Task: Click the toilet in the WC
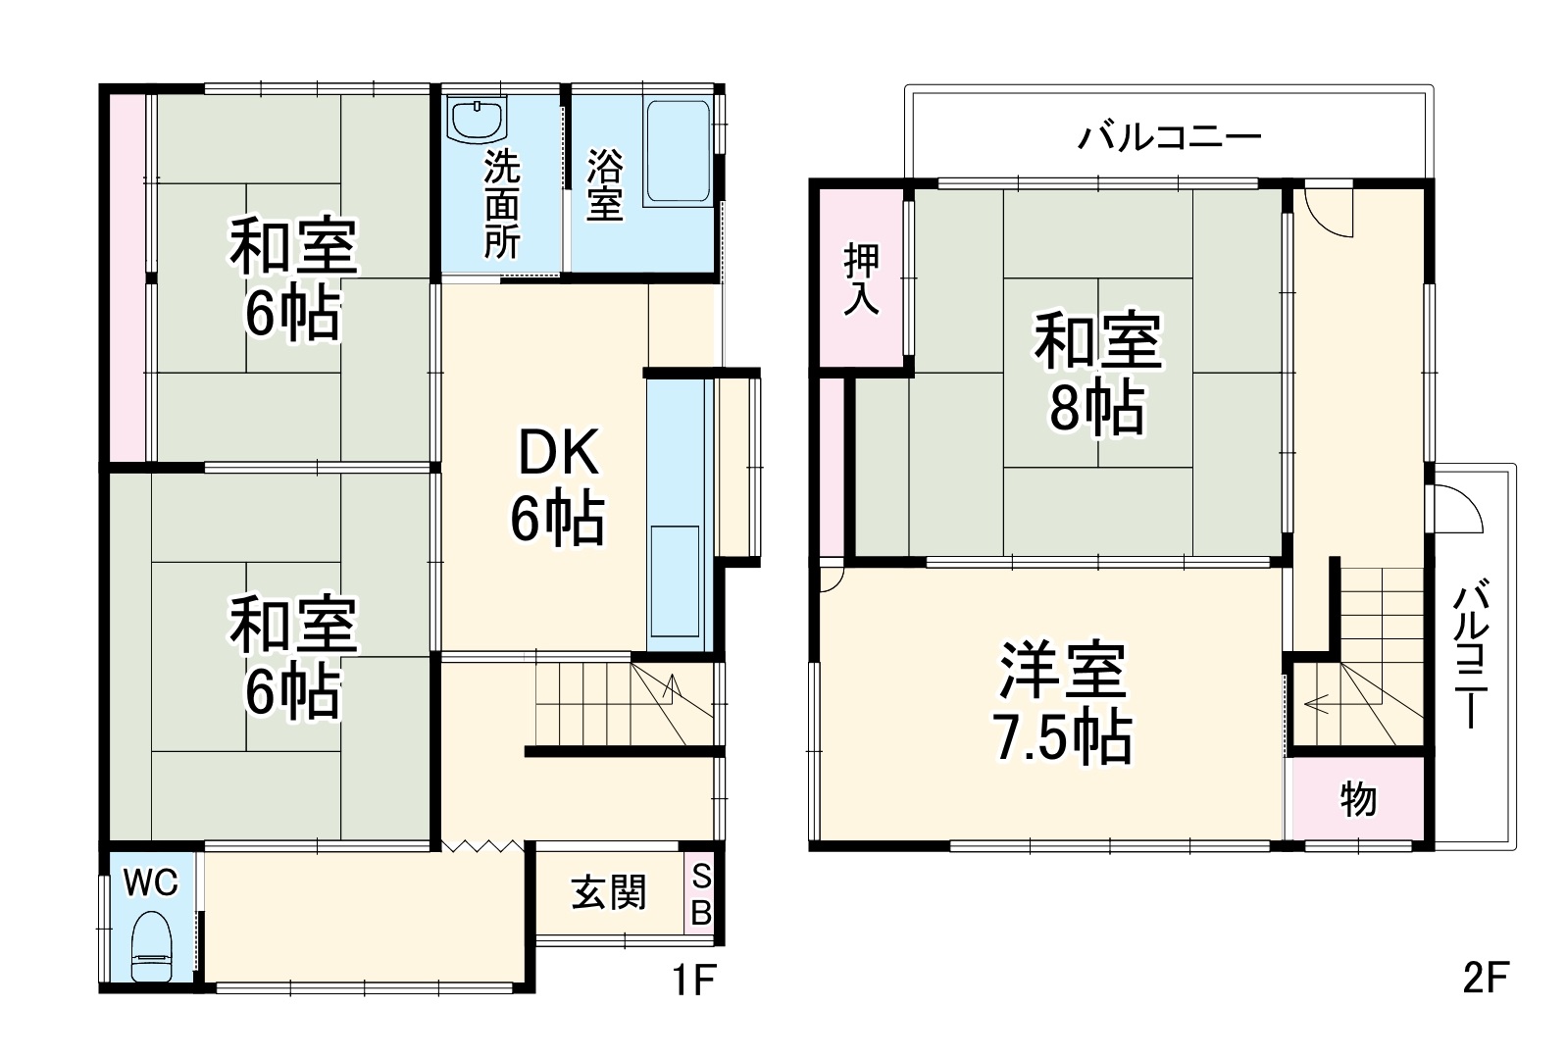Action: tap(152, 945)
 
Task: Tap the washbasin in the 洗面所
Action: tap(478, 121)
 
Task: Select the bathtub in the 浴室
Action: tap(677, 152)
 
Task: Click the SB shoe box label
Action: tap(701, 893)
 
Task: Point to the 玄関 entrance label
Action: tap(609, 892)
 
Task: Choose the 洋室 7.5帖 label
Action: tap(1063, 701)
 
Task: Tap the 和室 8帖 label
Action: tap(1097, 373)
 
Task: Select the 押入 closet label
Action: tap(862, 279)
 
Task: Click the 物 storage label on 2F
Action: tap(1358, 799)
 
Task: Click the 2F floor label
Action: tap(1485, 978)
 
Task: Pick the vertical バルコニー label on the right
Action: tap(1472, 655)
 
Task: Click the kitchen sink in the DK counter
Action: tap(675, 582)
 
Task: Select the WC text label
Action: tap(150, 883)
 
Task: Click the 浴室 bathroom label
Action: tap(605, 186)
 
